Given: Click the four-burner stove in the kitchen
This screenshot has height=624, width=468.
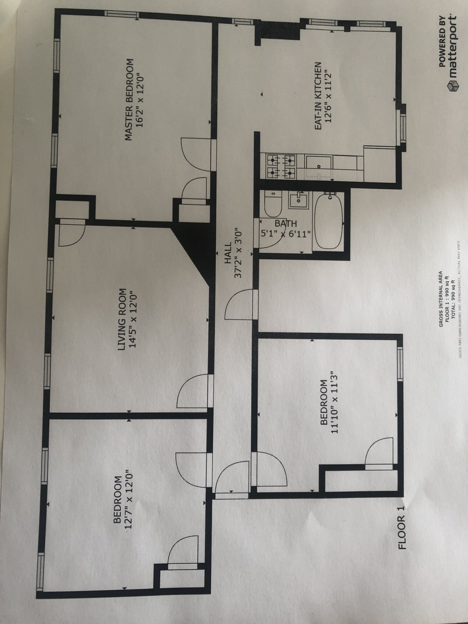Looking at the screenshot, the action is point(281,167).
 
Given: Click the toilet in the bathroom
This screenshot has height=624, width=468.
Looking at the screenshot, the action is point(273,203).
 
